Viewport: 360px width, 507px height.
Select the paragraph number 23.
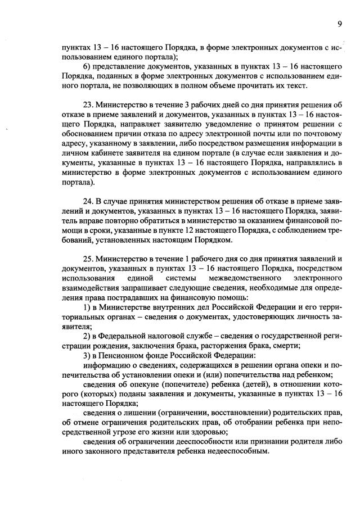pyautogui.click(x=88, y=104)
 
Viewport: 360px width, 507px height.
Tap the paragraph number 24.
pyautogui.click(x=88, y=202)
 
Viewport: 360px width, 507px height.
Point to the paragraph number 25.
pyautogui.click(x=88, y=259)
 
